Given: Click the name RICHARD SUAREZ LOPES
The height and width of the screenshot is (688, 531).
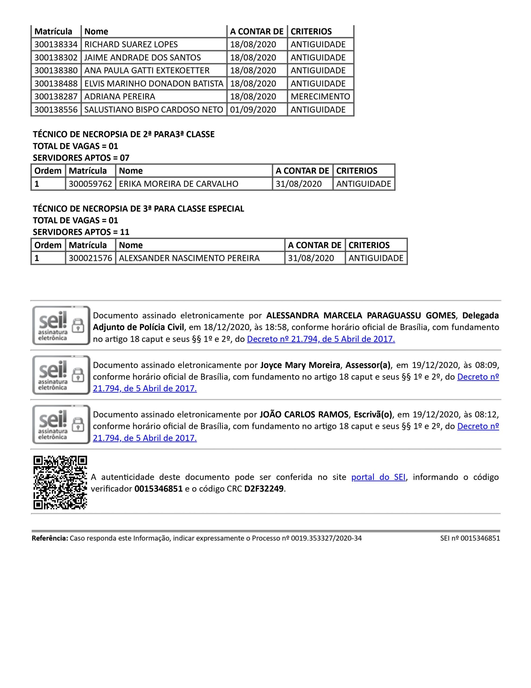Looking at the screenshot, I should (131, 44).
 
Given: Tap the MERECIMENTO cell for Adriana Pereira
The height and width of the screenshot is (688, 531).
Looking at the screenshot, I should (320, 96).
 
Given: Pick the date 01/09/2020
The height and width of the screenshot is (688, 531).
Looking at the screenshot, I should (253, 110).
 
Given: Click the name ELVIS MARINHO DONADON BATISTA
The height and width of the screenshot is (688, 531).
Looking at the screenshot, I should (154, 84).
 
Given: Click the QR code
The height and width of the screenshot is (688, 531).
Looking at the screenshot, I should (60, 482).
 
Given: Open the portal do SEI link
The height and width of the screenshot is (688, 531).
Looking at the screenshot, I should (378, 477).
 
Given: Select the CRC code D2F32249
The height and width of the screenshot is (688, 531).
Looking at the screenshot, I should (264, 489).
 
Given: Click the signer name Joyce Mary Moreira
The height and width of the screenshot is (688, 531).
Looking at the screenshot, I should (300, 365).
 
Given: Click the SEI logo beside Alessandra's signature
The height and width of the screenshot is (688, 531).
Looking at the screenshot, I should (61, 325).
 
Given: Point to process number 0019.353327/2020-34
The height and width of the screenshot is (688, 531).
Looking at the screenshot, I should (326, 538).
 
